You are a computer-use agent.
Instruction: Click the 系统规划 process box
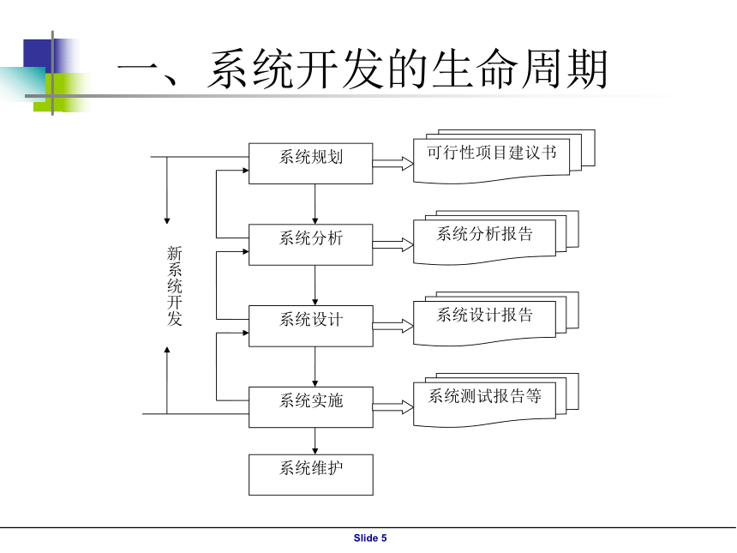(311, 163)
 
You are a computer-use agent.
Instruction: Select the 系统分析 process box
(311, 244)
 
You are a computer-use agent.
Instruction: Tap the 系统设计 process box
(311, 326)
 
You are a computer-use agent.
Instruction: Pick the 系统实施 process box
(311, 407)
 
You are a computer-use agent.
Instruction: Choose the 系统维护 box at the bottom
(311, 474)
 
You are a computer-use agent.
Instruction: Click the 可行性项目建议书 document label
(492, 153)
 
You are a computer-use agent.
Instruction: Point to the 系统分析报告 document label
(484, 234)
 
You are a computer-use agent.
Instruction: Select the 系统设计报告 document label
(484, 315)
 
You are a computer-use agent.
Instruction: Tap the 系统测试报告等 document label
(484, 396)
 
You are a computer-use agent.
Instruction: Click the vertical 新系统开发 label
(174, 286)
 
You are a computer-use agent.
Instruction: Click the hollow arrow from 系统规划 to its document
(393, 164)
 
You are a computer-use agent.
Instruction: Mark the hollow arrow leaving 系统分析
(393, 245)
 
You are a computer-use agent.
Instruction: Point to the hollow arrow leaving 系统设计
(393, 327)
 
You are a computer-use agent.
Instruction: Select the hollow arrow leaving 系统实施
(393, 407)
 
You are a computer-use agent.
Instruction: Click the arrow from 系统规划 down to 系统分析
(315, 204)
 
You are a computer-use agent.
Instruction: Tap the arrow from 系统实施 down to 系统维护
(315, 441)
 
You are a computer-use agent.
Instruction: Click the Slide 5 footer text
(370, 538)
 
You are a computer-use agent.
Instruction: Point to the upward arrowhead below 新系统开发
(167, 351)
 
